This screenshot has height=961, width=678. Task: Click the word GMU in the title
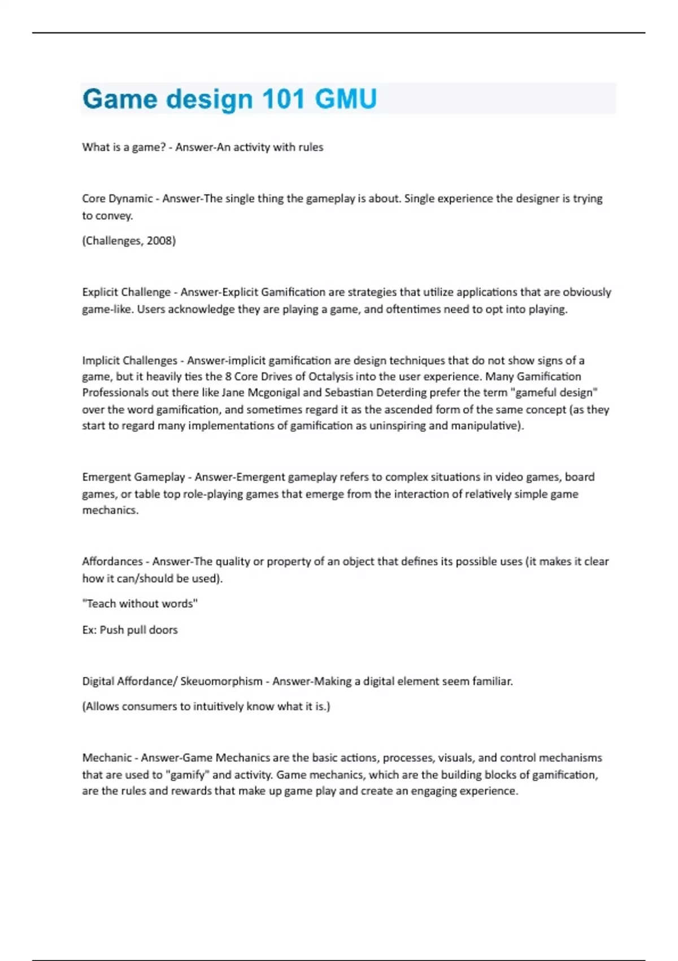(346, 99)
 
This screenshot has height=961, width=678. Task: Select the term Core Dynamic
(117, 198)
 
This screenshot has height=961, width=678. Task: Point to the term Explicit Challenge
(126, 292)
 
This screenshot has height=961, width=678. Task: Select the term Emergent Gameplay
(133, 477)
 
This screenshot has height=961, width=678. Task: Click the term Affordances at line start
(112, 561)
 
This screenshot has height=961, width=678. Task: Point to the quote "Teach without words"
(140, 604)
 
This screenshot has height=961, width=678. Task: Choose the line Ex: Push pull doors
(130, 630)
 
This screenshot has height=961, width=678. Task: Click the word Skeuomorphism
(221, 681)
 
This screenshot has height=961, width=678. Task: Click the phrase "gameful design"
(554, 393)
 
